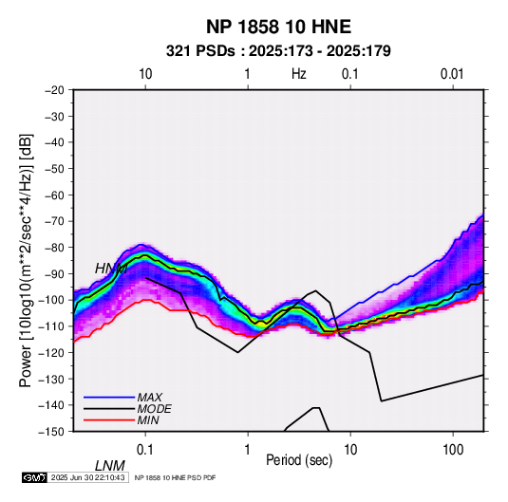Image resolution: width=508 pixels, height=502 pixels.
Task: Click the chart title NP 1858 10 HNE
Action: pyautogui.click(x=278, y=27)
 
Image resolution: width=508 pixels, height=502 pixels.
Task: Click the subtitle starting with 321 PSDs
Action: pyautogui.click(x=278, y=51)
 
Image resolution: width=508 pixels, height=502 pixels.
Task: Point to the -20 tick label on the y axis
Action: pyautogui.click(x=54, y=90)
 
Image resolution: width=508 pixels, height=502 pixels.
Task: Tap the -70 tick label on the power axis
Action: pyautogui.click(x=54, y=221)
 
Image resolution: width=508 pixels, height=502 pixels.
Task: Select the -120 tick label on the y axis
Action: pyautogui.click(x=51, y=352)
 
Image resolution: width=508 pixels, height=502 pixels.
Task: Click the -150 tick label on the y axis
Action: pyautogui.click(x=51, y=432)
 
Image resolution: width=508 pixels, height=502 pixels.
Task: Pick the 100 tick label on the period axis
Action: pyautogui.click(x=453, y=450)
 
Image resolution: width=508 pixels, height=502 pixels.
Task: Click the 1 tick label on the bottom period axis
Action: pyautogui.click(x=248, y=450)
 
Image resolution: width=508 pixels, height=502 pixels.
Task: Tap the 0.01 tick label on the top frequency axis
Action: pyautogui.click(x=452, y=74)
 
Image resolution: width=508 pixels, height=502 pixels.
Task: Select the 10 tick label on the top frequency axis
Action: pyautogui.click(x=145, y=74)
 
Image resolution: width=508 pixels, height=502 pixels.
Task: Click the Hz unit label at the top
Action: pyautogui.click(x=299, y=74)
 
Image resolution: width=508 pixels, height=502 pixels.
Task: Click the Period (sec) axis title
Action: pyautogui.click(x=299, y=460)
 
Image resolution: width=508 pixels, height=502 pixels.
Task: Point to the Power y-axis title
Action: pyautogui.click(x=26, y=260)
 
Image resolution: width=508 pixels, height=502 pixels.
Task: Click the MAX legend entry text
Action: pyautogui.click(x=149, y=398)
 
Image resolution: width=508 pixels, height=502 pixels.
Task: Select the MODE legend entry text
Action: pyautogui.click(x=154, y=409)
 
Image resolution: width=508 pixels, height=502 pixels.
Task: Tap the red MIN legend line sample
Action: pyautogui.click(x=109, y=420)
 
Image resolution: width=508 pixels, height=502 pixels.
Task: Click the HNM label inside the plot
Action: pyautogui.click(x=111, y=269)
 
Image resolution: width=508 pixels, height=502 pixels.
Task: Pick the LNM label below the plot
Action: pyautogui.click(x=110, y=466)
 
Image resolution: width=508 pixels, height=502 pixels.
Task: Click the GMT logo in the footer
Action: pyautogui.click(x=35, y=477)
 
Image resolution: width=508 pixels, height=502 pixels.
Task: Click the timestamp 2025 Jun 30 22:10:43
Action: pyautogui.click(x=88, y=477)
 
